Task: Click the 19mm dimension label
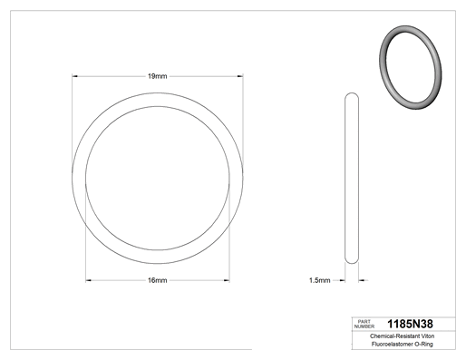pos(157,76)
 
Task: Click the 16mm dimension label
pos(157,280)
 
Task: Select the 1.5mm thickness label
pos(319,280)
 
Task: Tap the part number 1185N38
pos(410,324)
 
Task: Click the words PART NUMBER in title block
pos(364,324)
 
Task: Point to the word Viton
pos(428,336)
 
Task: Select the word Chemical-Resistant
pos(394,336)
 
